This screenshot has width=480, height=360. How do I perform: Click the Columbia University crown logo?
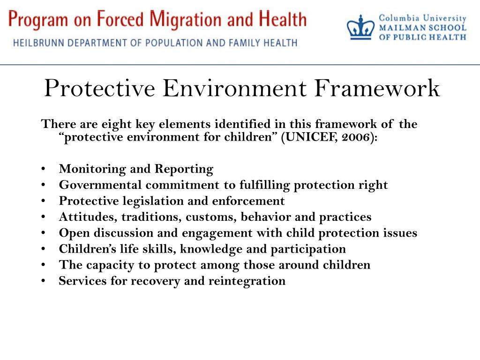click(361, 27)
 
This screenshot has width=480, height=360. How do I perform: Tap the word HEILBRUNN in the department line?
click(40, 43)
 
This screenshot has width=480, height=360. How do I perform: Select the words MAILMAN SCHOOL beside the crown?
click(422, 28)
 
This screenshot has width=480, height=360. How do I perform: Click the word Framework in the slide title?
click(377, 88)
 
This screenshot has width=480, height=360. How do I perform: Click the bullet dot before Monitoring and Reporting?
click(44, 169)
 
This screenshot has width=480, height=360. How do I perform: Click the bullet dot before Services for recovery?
click(44, 281)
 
